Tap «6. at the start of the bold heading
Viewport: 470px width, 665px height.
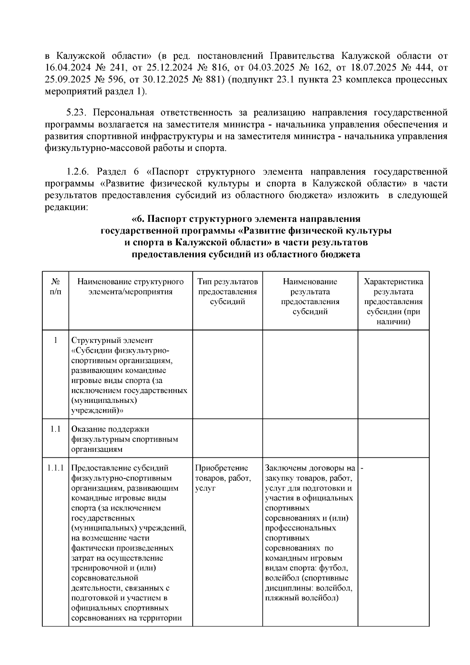(139, 219)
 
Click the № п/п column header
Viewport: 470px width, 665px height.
(56, 287)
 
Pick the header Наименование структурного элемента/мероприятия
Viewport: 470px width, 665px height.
(130, 287)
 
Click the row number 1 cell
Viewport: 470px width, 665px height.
(56, 340)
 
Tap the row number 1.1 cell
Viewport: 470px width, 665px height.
(56, 429)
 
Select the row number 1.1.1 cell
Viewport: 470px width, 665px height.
(56, 468)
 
